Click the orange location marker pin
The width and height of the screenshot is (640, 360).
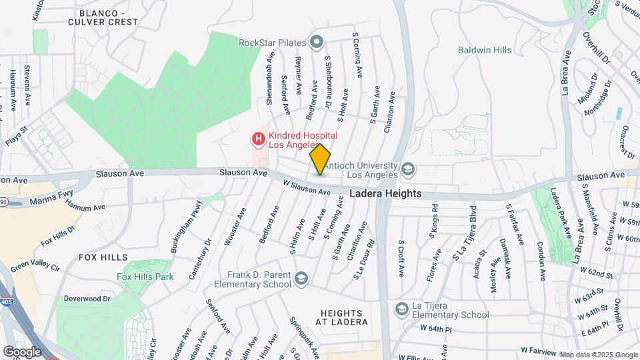pyautogui.click(x=320, y=159)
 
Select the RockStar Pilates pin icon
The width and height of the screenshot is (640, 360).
pyautogui.click(x=317, y=43)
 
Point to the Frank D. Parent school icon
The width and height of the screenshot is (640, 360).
pyautogui.click(x=301, y=278)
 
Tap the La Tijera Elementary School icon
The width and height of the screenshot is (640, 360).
pyautogui.click(x=401, y=309)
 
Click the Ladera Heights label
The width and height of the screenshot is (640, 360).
pyautogui.click(x=386, y=193)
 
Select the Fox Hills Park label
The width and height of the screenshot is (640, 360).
pyautogui.click(x=145, y=277)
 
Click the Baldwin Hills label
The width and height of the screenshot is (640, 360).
pyautogui.click(x=485, y=50)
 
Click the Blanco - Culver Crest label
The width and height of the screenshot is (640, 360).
pyautogui.click(x=107, y=17)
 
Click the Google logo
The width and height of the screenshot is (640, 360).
pyautogui.click(x=22, y=351)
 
